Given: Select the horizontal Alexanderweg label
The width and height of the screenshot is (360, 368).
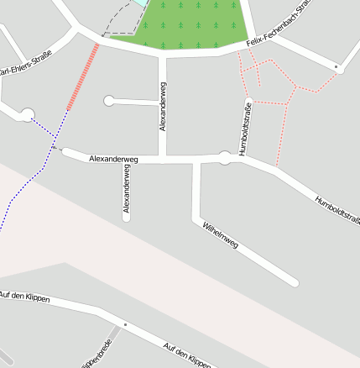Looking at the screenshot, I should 113,158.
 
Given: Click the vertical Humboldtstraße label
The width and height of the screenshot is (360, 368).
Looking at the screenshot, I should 246,129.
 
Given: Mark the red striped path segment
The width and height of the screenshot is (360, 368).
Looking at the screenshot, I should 83,77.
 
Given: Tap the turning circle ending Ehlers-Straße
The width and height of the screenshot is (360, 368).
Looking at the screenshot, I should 27,114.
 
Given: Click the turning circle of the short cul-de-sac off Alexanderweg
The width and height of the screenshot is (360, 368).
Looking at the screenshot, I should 109,101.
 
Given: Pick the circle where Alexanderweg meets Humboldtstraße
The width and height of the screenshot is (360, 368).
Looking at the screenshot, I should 225,157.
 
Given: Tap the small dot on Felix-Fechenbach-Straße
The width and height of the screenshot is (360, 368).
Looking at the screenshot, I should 336,66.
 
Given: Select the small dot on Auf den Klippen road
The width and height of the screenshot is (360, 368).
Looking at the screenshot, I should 124,324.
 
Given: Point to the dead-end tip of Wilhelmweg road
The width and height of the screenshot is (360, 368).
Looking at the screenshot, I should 294,282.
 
